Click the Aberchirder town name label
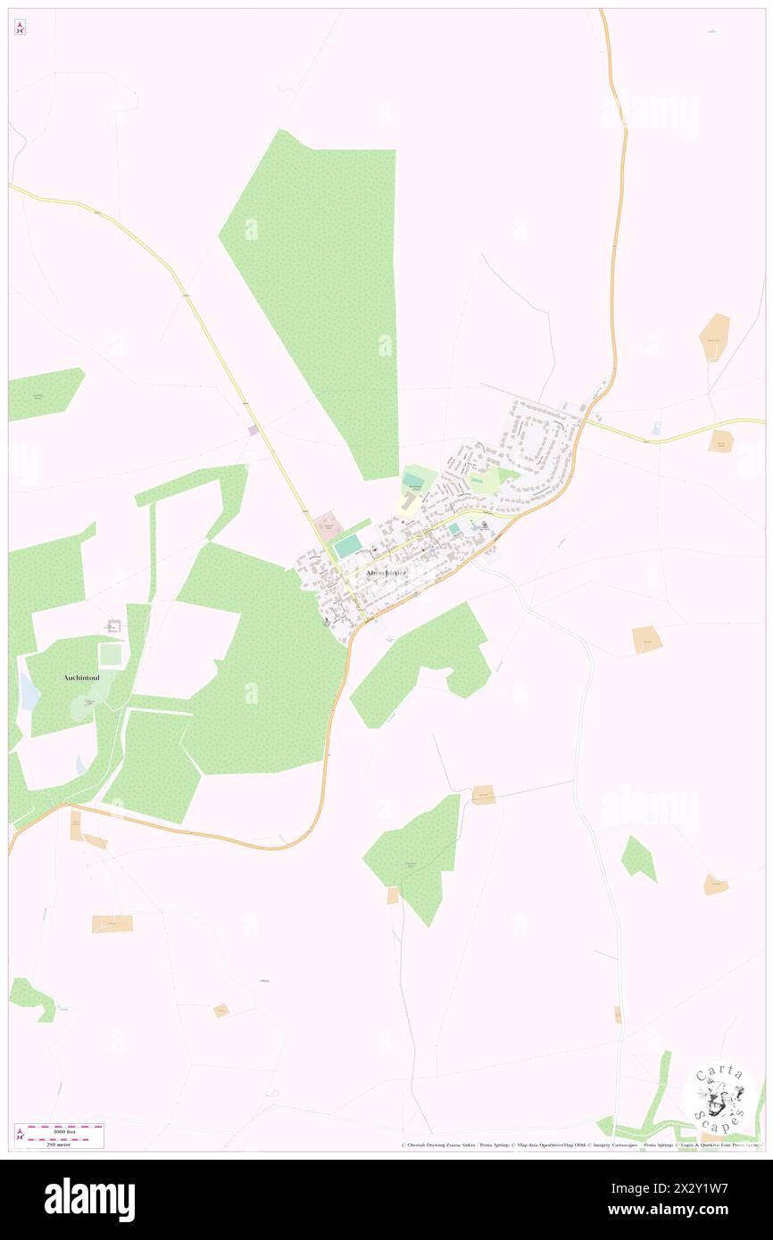pos(386,573)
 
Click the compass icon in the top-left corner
pos(20,27)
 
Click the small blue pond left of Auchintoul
pos(29,691)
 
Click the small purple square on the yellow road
pos(254,430)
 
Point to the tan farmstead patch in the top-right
pos(714,337)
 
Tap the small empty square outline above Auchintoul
pos(113,626)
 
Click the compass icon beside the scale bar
pos(20,1136)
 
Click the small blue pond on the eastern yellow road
pos(656,429)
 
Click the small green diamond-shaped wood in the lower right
pos(639,858)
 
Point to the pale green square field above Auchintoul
pos(111,654)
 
